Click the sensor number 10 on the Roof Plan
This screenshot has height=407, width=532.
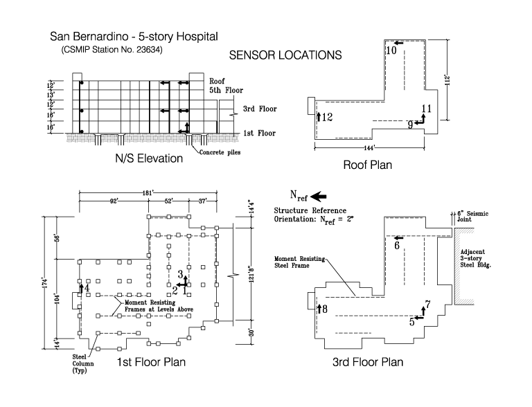[x=391, y=51]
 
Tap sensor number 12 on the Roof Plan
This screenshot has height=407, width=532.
[x=328, y=118]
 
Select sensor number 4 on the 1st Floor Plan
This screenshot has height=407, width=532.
[x=87, y=288]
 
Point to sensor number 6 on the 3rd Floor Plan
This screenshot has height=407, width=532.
[x=397, y=245]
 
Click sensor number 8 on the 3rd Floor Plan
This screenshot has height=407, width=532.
[x=325, y=309]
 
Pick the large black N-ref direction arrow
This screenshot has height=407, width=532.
[x=318, y=197]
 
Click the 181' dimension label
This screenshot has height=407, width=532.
[x=148, y=193]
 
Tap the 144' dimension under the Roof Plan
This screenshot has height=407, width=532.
[x=369, y=148]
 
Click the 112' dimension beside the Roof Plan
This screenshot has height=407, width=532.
[x=448, y=80]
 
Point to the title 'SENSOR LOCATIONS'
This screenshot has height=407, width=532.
[x=285, y=55]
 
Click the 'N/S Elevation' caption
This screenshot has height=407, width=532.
[x=149, y=159]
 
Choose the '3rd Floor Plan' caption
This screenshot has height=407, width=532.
[x=368, y=362]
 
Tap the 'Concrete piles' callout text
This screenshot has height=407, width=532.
[x=220, y=152]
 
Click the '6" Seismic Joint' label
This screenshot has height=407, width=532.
[x=472, y=216]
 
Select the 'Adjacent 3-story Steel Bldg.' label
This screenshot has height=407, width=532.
[x=475, y=258]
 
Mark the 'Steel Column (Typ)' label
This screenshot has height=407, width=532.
[x=83, y=363]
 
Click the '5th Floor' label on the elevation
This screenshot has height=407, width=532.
[x=226, y=90]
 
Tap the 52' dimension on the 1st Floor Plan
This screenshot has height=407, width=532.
[x=168, y=201]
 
